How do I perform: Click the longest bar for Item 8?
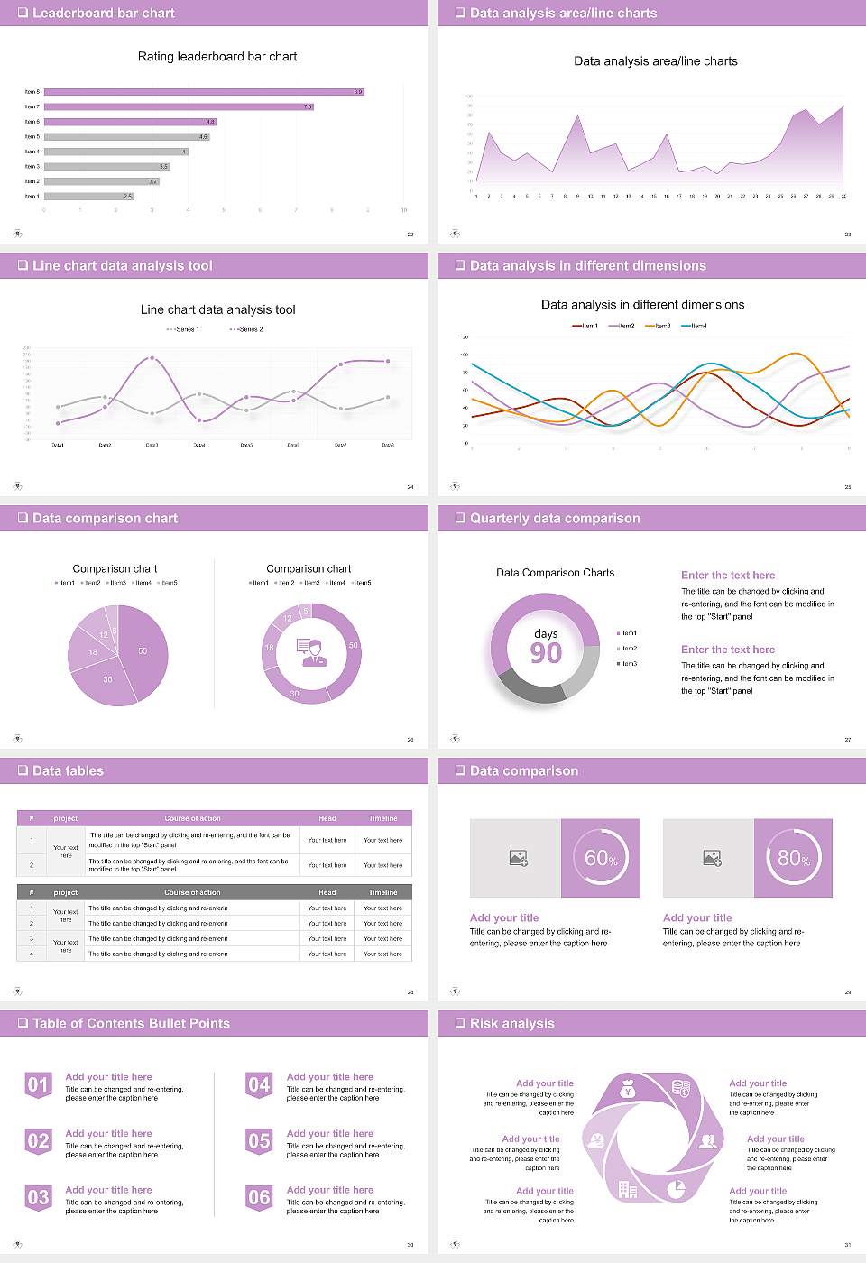coord(204,92)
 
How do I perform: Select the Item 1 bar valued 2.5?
coord(88,196)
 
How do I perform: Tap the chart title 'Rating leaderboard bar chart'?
coord(216,56)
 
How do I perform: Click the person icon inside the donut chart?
coord(310,651)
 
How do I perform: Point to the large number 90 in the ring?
coord(546,653)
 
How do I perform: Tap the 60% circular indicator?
coord(601,858)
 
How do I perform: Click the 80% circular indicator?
coord(794,858)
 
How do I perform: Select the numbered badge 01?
coord(38,1084)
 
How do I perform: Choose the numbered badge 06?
coord(259,1197)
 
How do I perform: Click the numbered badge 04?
coord(259,1084)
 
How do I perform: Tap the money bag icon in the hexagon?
coord(629,1091)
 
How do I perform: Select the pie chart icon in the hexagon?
coord(676,1190)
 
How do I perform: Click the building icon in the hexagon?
coord(628,1190)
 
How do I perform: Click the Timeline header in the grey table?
coord(382,892)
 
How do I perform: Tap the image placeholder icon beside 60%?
coord(518,858)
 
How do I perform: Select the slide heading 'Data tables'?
coord(68,770)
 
